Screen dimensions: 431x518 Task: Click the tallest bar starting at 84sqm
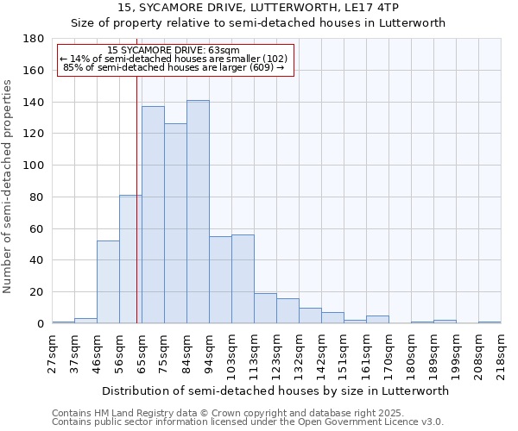point(198,212)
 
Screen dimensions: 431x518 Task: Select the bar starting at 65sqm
point(153,215)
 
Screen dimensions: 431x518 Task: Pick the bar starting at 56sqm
point(130,259)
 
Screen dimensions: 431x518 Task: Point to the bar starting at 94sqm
point(220,280)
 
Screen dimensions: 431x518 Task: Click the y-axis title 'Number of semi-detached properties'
point(9,186)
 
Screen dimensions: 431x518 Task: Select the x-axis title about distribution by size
point(276,390)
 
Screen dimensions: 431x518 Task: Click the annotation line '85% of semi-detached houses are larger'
point(174,67)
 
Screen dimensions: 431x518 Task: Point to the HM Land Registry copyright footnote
point(247,413)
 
